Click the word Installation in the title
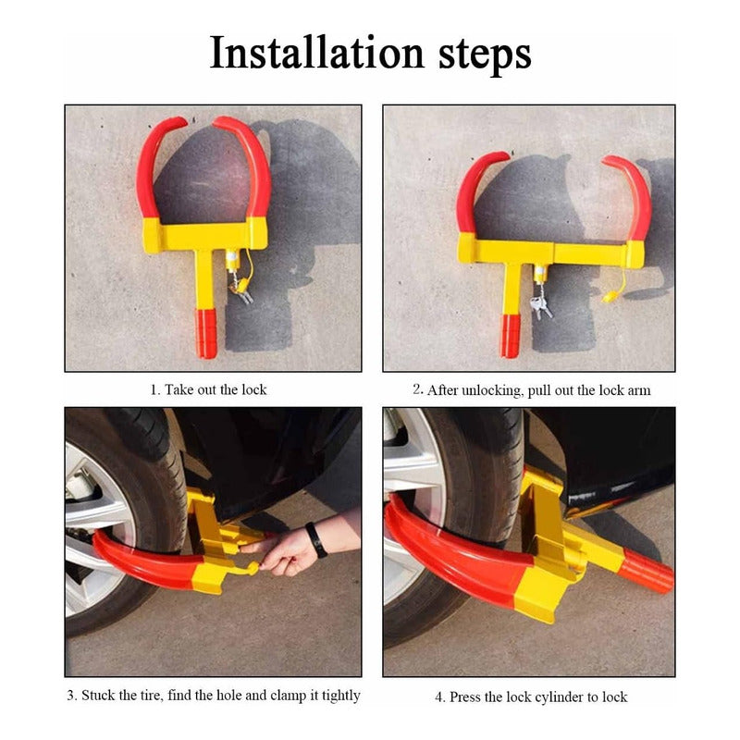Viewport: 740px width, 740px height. pyautogui.click(x=316, y=53)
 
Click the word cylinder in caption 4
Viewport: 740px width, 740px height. pyautogui.click(x=556, y=697)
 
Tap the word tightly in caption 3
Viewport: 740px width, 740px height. pyautogui.click(x=340, y=696)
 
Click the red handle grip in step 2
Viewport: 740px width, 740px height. pyautogui.click(x=510, y=336)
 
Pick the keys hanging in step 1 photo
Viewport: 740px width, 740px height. pyautogui.click(x=242, y=292)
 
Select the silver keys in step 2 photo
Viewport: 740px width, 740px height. pyautogui.click(x=541, y=307)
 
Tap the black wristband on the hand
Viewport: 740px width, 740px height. pyautogui.click(x=315, y=540)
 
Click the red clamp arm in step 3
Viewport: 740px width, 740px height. pyautogui.click(x=146, y=562)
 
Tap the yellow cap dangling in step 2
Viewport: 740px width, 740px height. pyautogui.click(x=610, y=297)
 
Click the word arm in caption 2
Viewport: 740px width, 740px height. pyautogui.click(x=639, y=390)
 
